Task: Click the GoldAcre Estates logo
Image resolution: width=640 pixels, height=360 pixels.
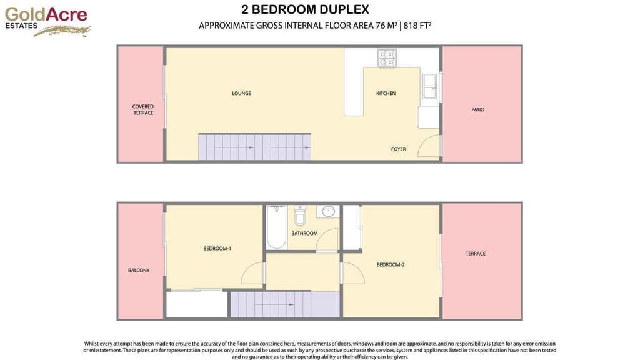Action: [47, 20]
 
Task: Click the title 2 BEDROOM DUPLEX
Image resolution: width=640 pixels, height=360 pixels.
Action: [305, 9]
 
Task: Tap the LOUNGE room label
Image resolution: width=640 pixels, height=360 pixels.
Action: [241, 94]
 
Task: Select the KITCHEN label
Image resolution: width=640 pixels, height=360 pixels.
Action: [386, 94]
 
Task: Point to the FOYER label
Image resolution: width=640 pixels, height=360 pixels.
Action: [398, 149]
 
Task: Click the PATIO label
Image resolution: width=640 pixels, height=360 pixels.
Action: [477, 110]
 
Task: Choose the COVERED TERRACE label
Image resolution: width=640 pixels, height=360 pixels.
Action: [143, 110]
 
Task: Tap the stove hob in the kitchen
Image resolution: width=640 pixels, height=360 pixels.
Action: [387, 58]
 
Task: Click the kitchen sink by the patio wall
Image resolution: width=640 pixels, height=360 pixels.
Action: [430, 87]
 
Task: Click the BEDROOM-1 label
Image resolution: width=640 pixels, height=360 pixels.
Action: [217, 249]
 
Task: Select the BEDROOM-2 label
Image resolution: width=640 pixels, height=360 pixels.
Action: [390, 265]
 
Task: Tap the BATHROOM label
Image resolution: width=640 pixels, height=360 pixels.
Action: [304, 234]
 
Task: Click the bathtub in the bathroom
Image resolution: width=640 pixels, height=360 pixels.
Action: [276, 226]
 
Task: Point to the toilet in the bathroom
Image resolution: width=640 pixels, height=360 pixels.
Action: [299, 216]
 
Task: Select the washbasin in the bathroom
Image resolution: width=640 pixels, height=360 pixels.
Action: [327, 212]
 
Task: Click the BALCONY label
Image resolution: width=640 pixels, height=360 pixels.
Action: [139, 271]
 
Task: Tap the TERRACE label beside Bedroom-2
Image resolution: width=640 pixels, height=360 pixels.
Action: [475, 254]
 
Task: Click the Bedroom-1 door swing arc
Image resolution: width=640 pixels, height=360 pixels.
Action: [253, 275]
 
